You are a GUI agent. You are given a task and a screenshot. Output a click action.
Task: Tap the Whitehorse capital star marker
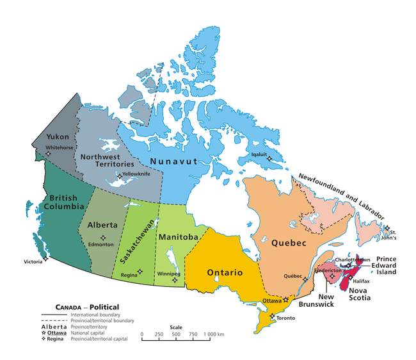coord(47,153)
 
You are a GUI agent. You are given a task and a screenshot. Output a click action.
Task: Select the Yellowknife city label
coord(138,174)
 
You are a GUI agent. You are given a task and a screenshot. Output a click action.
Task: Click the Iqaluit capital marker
coord(269,159)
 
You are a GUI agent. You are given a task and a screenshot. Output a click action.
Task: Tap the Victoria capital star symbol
coord(46,260)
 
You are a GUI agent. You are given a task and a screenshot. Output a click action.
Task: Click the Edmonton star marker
coord(103,238)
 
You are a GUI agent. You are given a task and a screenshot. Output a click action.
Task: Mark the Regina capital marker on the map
coord(140,272)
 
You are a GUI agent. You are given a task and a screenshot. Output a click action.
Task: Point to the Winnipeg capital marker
coord(175,280)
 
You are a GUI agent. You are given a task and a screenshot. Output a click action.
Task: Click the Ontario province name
coord(224,273)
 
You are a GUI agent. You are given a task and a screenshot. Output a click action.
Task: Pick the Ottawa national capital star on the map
coord(286,300)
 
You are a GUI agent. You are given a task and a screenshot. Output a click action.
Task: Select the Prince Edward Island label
coord(395,266)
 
